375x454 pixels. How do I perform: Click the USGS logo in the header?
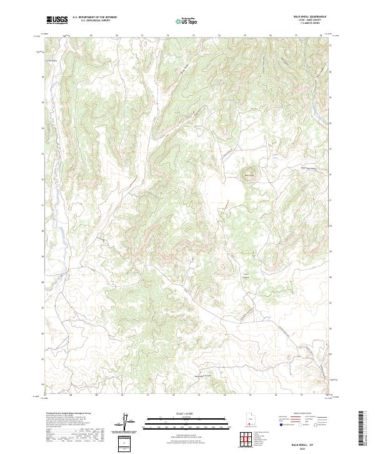57,20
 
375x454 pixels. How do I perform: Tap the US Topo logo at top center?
187,20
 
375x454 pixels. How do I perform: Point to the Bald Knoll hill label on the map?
249,175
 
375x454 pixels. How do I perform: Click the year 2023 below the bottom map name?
309,446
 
